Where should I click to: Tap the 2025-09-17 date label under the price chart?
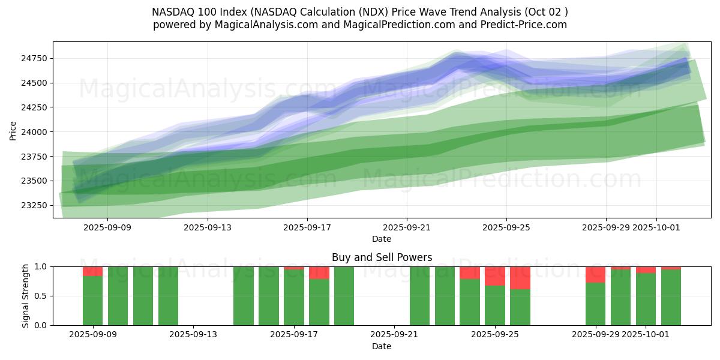[x=307, y=227]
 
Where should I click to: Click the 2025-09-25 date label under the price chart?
[x=506, y=227]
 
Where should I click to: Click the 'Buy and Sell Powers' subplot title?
[x=382, y=257]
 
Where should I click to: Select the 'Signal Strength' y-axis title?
[x=25, y=296]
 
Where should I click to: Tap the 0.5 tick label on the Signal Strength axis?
[x=41, y=296]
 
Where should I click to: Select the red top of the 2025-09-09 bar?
[x=92, y=271]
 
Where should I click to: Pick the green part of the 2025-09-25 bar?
[x=495, y=305]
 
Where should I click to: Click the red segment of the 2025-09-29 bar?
[x=595, y=275]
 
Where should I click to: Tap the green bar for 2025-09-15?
[x=244, y=296]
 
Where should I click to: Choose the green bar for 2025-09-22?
[x=419, y=296]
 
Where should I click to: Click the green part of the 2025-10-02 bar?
[x=671, y=298]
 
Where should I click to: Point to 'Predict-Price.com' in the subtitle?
[x=528, y=25]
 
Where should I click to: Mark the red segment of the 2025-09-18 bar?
[x=319, y=273]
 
